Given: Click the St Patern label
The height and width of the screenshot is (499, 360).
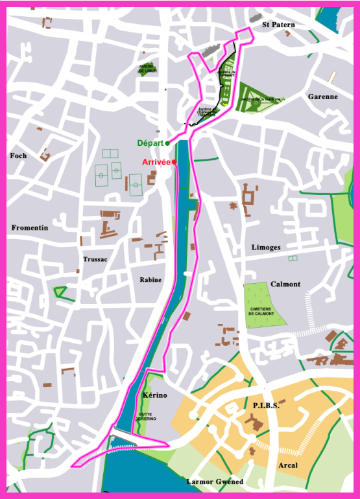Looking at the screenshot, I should point(278,25).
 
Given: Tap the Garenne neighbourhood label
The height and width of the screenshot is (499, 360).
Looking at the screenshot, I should point(322,97).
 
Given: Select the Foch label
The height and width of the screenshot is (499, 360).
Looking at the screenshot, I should point(19,156).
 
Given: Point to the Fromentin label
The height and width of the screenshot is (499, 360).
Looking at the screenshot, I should point(30,227).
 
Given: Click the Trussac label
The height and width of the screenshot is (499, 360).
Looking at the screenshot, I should point(95,259).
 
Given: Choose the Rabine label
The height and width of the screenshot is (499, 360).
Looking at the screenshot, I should point(150,280).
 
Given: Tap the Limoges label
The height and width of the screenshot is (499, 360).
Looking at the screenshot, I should point(266,248).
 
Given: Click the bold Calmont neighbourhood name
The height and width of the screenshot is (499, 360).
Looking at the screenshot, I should point(285,284).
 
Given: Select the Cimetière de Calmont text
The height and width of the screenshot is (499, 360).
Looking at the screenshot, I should point(261,311).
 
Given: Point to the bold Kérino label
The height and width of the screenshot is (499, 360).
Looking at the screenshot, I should point(154,395).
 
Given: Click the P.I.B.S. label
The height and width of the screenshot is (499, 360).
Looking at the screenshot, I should point(266,406).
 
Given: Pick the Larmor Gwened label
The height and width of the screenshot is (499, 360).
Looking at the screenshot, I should point(215,482).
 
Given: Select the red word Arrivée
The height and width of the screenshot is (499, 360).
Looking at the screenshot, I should point(156,162).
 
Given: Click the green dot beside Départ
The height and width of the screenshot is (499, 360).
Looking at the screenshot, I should point(167,143).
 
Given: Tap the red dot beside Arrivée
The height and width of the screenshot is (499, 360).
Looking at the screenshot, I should point(174,162).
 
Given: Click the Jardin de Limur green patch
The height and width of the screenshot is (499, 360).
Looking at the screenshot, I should point(148,68).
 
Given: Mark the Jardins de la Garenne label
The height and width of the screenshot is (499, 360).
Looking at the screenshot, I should point(260,99).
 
